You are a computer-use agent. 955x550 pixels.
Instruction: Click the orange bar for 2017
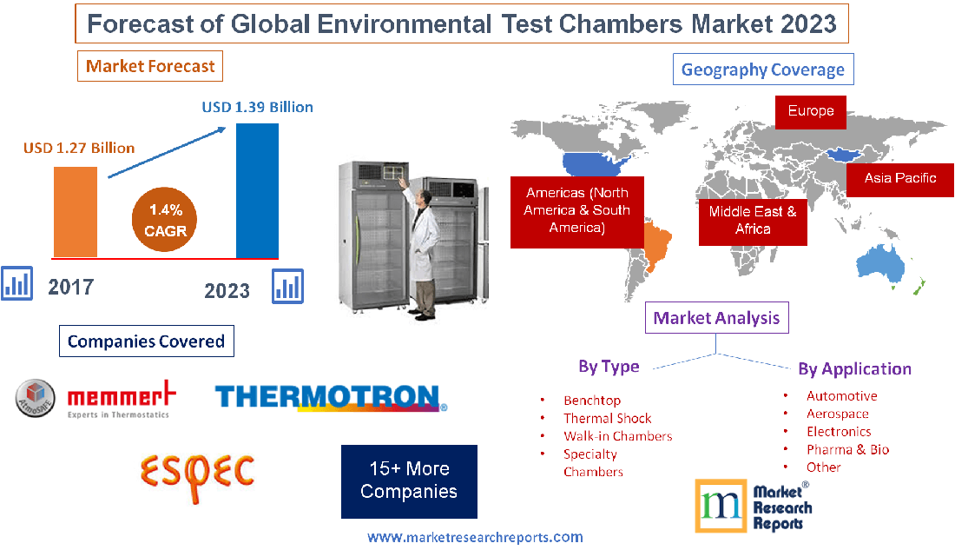pos(75,211)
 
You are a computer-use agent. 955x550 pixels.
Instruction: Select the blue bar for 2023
pos(257,190)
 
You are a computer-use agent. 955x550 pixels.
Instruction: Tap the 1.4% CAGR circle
pos(165,221)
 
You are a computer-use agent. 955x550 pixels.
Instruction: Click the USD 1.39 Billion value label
pos(257,108)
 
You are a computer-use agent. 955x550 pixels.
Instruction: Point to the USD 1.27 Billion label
pos(79,148)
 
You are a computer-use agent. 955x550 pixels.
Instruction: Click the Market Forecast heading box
pos(151,66)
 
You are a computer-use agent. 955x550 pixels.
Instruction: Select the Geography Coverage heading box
pos(762,70)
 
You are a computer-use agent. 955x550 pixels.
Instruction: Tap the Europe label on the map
pos(811,111)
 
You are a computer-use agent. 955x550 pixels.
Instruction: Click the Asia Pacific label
pos(899,178)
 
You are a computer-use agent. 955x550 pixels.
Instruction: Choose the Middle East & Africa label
pos(753,220)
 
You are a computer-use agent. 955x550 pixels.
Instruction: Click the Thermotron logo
pos(331,398)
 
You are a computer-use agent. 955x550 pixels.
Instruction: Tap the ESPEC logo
pos(198,472)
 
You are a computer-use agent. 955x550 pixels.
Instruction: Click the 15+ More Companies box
pos(409,480)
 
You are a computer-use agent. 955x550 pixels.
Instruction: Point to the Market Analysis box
pos(716,318)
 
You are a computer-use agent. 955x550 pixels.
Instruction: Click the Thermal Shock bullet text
pos(607,418)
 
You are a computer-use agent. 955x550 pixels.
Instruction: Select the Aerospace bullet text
pos(837,414)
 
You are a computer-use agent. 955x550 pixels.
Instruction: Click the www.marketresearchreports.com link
pos(475,538)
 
